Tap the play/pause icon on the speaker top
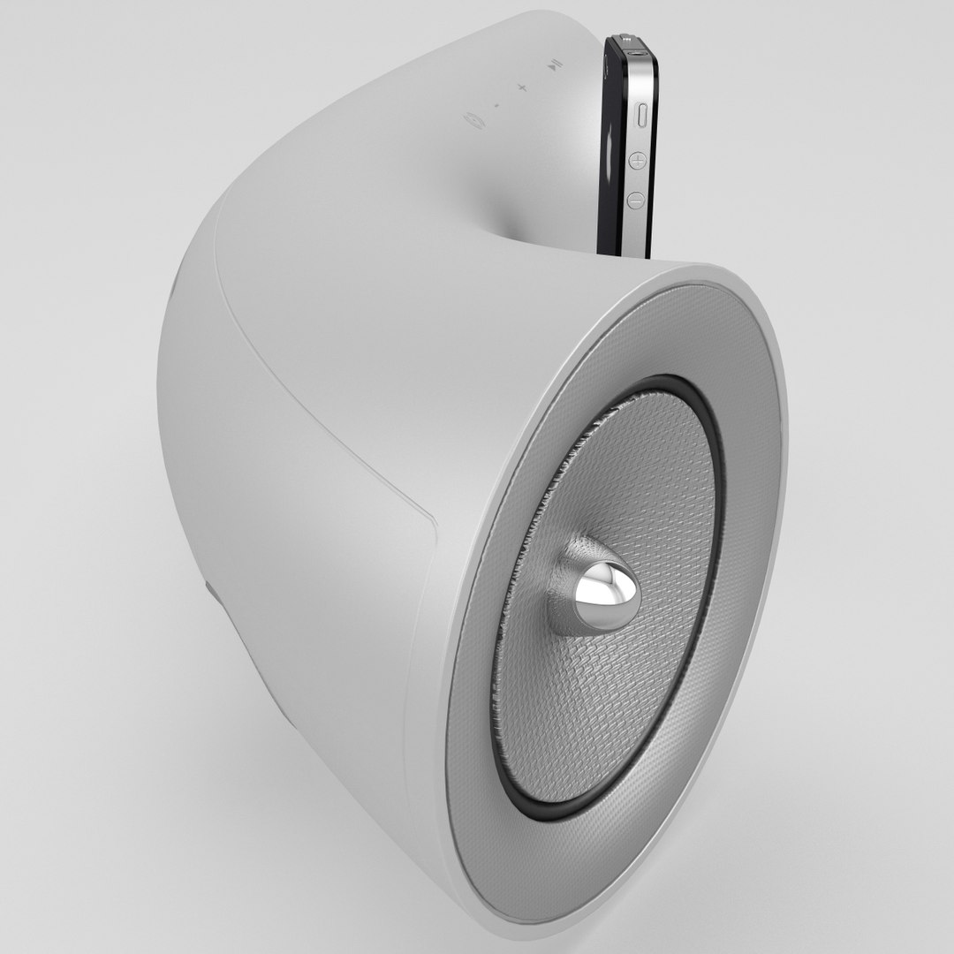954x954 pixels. coord(552,64)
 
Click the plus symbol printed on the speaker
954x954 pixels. coord(521,87)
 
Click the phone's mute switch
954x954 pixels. coord(640,114)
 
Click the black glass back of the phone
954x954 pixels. coord(615,141)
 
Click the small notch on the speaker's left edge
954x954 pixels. coord(211,593)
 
